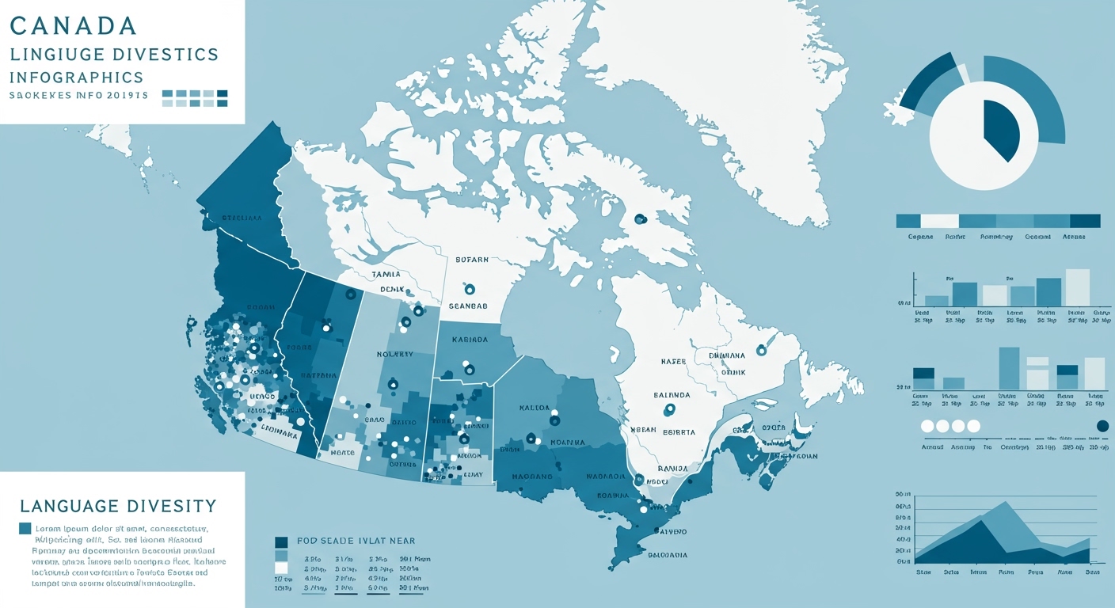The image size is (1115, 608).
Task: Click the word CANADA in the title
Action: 74,25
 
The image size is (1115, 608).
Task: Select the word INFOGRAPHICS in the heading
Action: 77,78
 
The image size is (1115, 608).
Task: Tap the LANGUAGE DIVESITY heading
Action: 118,505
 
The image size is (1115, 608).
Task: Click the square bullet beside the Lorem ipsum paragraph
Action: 25,528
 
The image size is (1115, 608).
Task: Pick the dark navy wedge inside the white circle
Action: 1000,130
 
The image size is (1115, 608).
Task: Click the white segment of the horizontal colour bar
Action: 940,221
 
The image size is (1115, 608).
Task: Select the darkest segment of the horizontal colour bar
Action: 1085,221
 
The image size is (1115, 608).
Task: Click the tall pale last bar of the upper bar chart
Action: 1078,287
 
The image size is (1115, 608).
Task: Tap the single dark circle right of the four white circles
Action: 1102,426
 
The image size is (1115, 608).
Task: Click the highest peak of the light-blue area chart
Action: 1006,503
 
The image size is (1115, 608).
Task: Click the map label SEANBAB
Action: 468,306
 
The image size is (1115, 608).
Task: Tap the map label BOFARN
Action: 472,259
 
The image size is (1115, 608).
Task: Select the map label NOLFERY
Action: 394,354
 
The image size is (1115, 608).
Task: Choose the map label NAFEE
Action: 673,361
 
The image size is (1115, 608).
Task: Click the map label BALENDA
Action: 672,394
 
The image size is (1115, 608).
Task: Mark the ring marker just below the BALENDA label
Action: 670,409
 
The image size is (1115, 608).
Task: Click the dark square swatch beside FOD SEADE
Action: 280,542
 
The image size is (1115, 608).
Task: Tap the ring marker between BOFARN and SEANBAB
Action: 470,290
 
